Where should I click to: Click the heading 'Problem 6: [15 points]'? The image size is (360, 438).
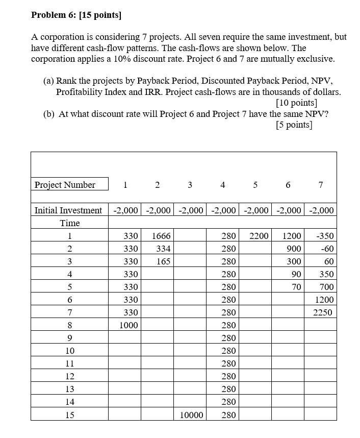76,15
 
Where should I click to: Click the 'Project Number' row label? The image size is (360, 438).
65,185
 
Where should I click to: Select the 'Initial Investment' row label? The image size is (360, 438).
68,210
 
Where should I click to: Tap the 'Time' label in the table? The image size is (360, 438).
70,223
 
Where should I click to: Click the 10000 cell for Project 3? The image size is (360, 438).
192,415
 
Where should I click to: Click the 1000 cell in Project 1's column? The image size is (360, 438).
128,325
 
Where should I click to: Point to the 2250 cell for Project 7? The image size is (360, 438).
323,312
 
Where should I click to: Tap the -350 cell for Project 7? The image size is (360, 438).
324,236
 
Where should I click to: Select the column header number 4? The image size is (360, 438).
222,185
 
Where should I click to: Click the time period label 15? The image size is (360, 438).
70,415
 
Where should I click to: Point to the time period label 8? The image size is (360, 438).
70,325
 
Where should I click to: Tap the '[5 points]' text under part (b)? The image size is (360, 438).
294,125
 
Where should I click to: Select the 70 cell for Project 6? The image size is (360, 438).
296,287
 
